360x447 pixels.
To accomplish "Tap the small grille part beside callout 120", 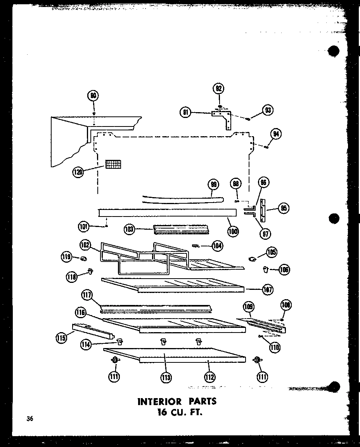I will (x=113, y=164).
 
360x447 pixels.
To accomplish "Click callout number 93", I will (x=267, y=110).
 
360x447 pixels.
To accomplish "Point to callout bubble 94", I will (x=276, y=134).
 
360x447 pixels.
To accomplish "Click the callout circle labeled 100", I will (x=233, y=231).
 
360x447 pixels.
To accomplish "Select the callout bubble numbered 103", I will (x=129, y=229).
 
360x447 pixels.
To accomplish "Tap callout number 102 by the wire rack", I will (x=85, y=245).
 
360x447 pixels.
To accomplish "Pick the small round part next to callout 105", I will (x=252, y=259).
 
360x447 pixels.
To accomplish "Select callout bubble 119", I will (x=66, y=256).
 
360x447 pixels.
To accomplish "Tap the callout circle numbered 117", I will (x=87, y=295).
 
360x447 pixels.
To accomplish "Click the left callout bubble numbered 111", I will (x=114, y=376).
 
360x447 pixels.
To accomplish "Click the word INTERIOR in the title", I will (x=159, y=401).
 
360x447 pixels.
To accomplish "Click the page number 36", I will (x=30, y=418).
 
